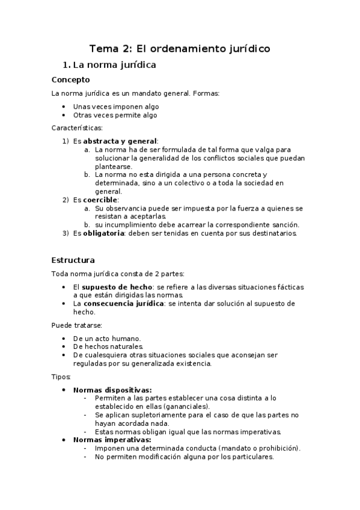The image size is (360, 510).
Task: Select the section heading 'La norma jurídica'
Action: pyautogui.click(x=114, y=64)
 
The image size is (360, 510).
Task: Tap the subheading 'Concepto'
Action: pyautogui.click(x=70, y=79)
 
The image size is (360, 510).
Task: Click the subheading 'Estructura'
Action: pyautogui.click(x=73, y=260)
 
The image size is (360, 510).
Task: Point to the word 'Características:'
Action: pyautogui.click(x=77, y=127)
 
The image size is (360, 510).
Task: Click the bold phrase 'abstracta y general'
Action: pyautogui.click(x=120, y=141)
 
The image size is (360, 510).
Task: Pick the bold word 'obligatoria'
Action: pyautogui.click(x=103, y=233)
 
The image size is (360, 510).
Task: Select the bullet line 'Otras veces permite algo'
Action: pyautogui.click(x=115, y=115)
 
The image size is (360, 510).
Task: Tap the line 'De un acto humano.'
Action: pyautogui.click(x=106, y=338)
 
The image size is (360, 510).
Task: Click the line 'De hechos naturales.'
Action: pyautogui.click(x=108, y=346)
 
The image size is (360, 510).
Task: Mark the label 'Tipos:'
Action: pyautogui.click(x=61, y=376)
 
